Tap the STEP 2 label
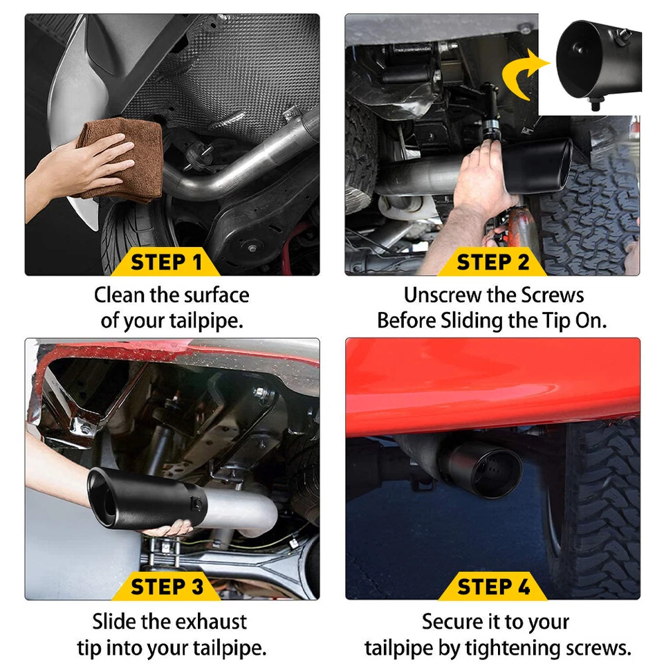click(x=493, y=263)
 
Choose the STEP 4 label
click(x=493, y=587)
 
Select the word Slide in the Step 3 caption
click(x=114, y=621)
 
